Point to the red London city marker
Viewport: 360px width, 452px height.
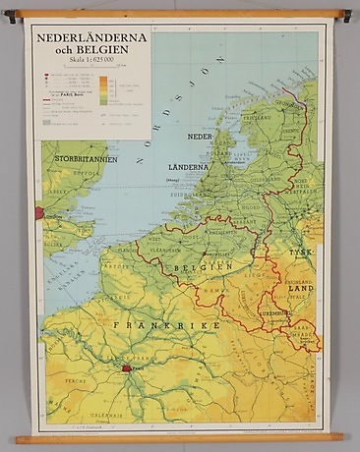coord(40,212)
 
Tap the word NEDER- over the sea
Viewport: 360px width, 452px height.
coord(201,137)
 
